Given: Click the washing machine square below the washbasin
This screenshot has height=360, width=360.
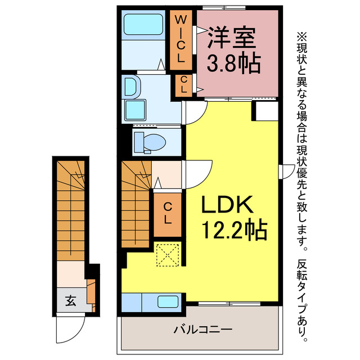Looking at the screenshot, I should (x=135, y=111).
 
